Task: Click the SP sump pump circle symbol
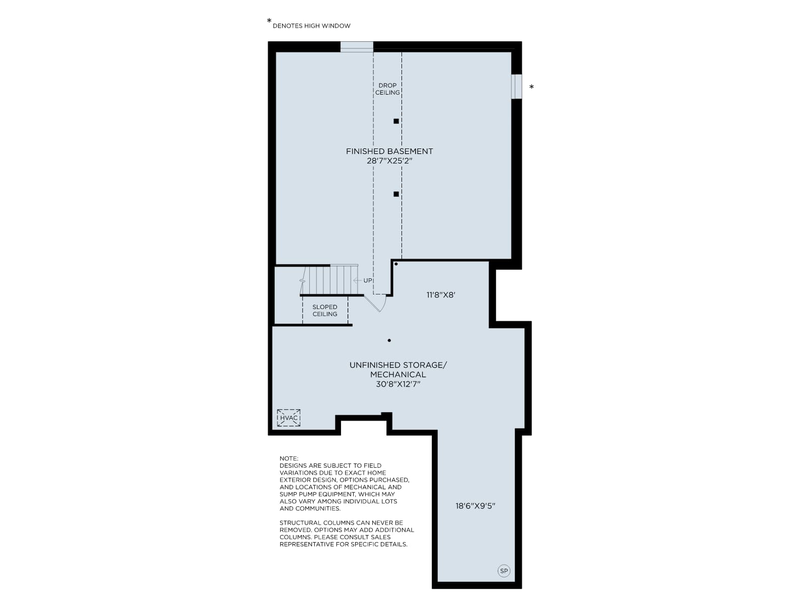point(503,571)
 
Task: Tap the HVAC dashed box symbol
point(288,418)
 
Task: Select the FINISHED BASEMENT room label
point(389,151)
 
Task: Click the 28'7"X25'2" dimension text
point(389,161)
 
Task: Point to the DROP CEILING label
point(387,89)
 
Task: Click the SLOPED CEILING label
point(324,310)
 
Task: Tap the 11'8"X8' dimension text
point(441,295)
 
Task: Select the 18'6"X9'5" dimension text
point(476,506)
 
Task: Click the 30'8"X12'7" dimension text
point(398,384)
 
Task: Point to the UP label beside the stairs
point(368,280)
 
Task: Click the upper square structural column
point(396,121)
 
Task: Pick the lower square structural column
point(396,194)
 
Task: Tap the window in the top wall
point(357,47)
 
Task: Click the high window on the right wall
point(516,87)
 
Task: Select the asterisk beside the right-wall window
point(531,87)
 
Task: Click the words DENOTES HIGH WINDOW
point(311,26)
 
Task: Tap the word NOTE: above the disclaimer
point(289,459)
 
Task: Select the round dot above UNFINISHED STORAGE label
point(389,340)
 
